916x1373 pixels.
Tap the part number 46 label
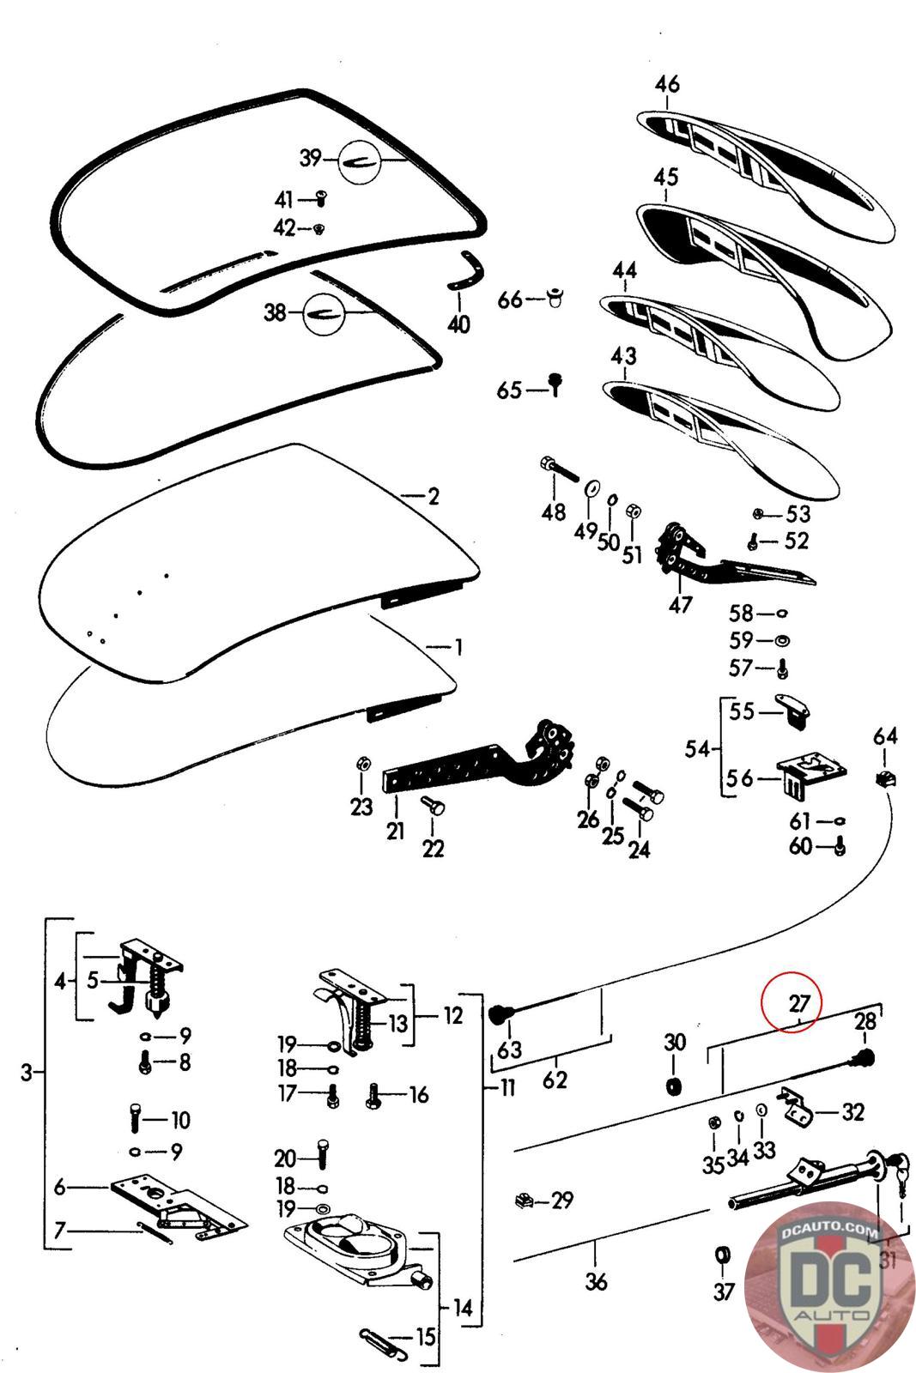pyautogui.click(x=667, y=85)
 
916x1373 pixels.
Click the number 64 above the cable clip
pyautogui.click(x=885, y=736)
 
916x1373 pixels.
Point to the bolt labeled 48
pyautogui.click(x=558, y=471)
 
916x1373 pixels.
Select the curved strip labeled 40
pyautogui.click(x=464, y=270)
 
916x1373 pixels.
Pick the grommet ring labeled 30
pyautogui.click(x=675, y=1086)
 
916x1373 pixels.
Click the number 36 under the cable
pyautogui.click(x=596, y=1281)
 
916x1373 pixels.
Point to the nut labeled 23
pyautogui.click(x=362, y=764)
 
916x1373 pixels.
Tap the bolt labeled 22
pyautogui.click(x=430, y=805)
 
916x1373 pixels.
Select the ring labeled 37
pyautogui.click(x=724, y=1255)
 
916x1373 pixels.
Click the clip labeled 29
pyautogui.click(x=521, y=1200)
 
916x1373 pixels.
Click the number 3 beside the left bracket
pyautogui.click(x=27, y=1072)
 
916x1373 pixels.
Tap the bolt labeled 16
pyautogui.click(x=374, y=1095)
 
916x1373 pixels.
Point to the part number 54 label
pyautogui.click(x=698, y=749)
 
